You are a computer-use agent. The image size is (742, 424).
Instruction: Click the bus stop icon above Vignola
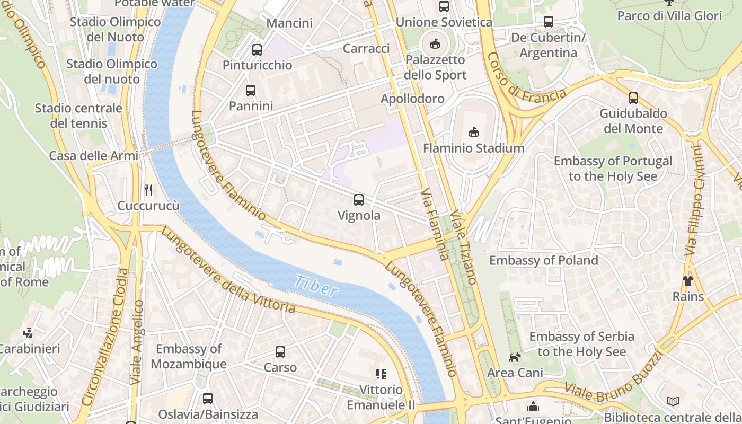click(x=359, y=200)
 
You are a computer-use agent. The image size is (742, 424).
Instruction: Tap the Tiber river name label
click(x=316, y=286)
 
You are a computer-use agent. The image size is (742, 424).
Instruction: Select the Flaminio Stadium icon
click(x=474, y=132)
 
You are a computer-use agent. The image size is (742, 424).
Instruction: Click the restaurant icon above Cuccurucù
click(x=148, y=190)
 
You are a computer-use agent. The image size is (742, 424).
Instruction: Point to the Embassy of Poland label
click(x=543, y=260)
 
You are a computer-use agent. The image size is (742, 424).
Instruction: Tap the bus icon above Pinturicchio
click(x=257, y=50)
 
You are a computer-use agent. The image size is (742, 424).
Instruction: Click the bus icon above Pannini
click(x=251, y=91)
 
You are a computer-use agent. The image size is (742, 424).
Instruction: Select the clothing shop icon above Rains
click(x=687, y=281)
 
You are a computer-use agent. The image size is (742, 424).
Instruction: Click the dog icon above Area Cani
click(x=515, y=357)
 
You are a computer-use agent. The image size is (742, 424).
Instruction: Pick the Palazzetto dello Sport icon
click(x=435, y=44)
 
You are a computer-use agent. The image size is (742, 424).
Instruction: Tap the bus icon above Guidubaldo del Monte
click(x=633, y=98)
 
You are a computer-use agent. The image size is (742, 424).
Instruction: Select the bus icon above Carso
click(x=280, y=352)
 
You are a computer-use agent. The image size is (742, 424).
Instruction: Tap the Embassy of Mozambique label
click(x=188, y=356)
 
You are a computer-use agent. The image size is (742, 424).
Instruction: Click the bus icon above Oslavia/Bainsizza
click(x=208, y=399)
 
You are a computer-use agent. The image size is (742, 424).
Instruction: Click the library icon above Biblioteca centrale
click(x=673, y=402)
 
